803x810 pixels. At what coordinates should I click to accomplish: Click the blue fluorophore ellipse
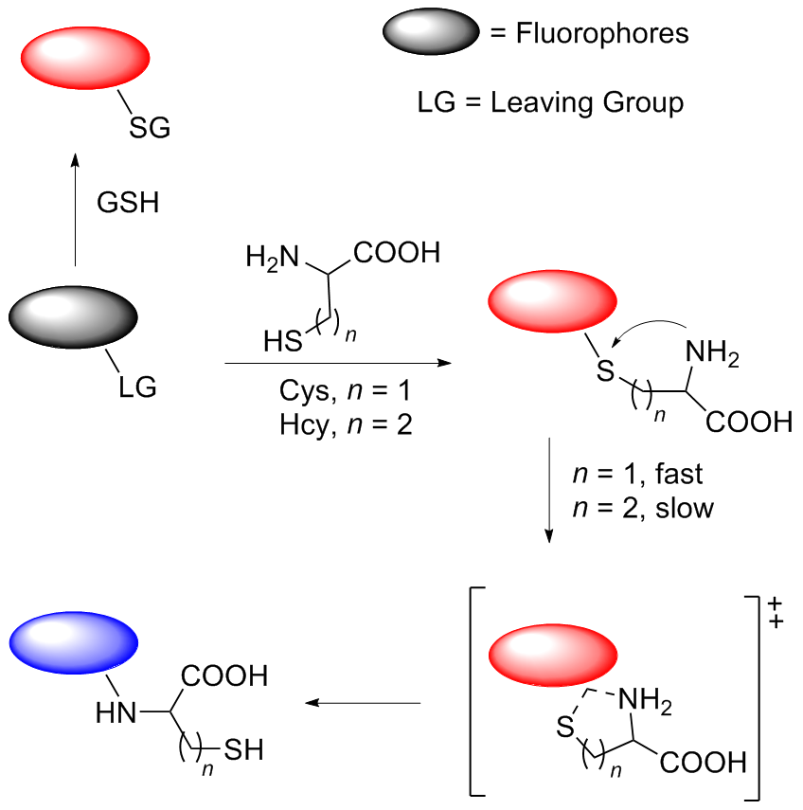pos(74,642)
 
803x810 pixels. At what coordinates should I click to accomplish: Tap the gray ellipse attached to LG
pos(74,318)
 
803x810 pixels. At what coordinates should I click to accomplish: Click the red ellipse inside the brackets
pos(554,656)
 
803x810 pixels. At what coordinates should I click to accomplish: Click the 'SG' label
pos(151,128)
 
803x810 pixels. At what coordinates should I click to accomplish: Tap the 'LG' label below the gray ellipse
pos(137,387)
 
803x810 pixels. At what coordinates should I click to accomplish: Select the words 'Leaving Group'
pos(586,101)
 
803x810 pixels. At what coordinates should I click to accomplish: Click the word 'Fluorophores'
pos(601,34)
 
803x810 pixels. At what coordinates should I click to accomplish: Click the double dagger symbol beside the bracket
pos(777,612)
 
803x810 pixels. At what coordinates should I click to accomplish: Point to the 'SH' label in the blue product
pos(244,751)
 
